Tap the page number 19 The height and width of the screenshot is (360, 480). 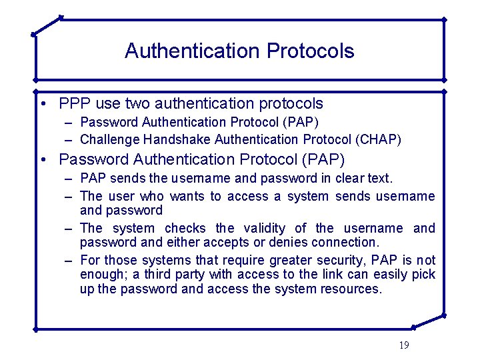coord(403,345)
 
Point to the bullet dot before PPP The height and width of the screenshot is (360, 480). coord(42,104)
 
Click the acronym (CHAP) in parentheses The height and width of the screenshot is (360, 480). coord(379,139)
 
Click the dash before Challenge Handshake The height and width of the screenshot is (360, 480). coord(69,139)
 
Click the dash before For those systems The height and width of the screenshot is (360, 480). coord(69,260)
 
